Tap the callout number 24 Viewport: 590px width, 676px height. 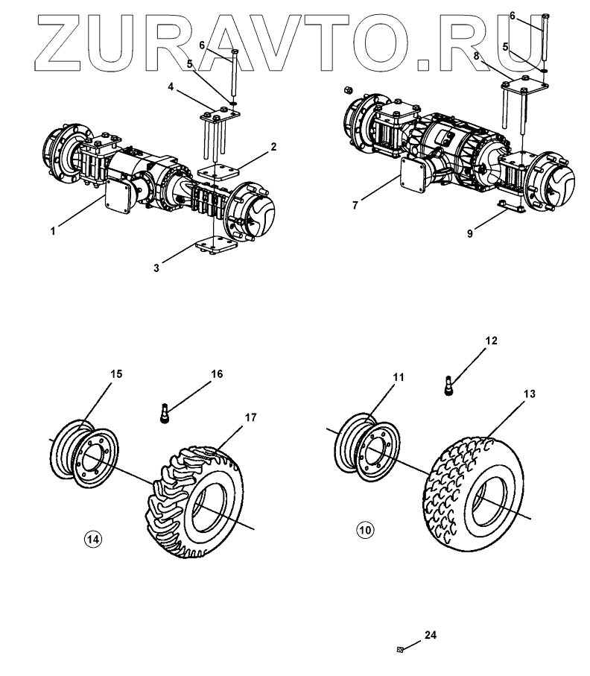pos(430,636)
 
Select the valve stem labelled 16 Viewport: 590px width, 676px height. pos(165,413)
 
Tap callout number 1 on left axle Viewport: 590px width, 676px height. pos(53,232)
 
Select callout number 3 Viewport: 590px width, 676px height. pos(156,268)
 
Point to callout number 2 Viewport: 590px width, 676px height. pos(273,146)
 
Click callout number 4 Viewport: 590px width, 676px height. pos(171,86)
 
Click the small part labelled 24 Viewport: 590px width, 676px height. pos(400,650)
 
